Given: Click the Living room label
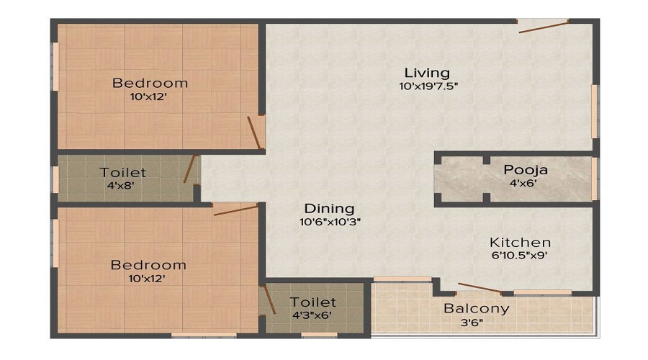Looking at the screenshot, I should coord(427,73).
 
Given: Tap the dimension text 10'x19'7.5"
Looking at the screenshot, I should coord(428,86).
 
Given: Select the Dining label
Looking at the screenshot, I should coord(328,209).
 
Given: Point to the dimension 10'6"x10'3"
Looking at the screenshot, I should coord(329,222).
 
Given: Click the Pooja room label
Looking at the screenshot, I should coord(526,170).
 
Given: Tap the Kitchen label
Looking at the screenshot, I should coord(520,242).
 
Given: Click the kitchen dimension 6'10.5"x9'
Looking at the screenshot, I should coord(520,255).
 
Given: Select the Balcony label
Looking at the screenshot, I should coord(476,308).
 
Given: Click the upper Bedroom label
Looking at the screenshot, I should coord(150,83).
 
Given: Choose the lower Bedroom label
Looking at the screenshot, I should coord(148,265).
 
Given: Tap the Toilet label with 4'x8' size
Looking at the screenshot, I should coord(123,173).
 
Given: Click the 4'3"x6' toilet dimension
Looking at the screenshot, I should coord(312,315).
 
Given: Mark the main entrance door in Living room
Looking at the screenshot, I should coord(544,27).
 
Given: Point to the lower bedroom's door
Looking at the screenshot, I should coord(235,210).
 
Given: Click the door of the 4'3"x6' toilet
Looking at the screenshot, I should coord(269,299).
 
